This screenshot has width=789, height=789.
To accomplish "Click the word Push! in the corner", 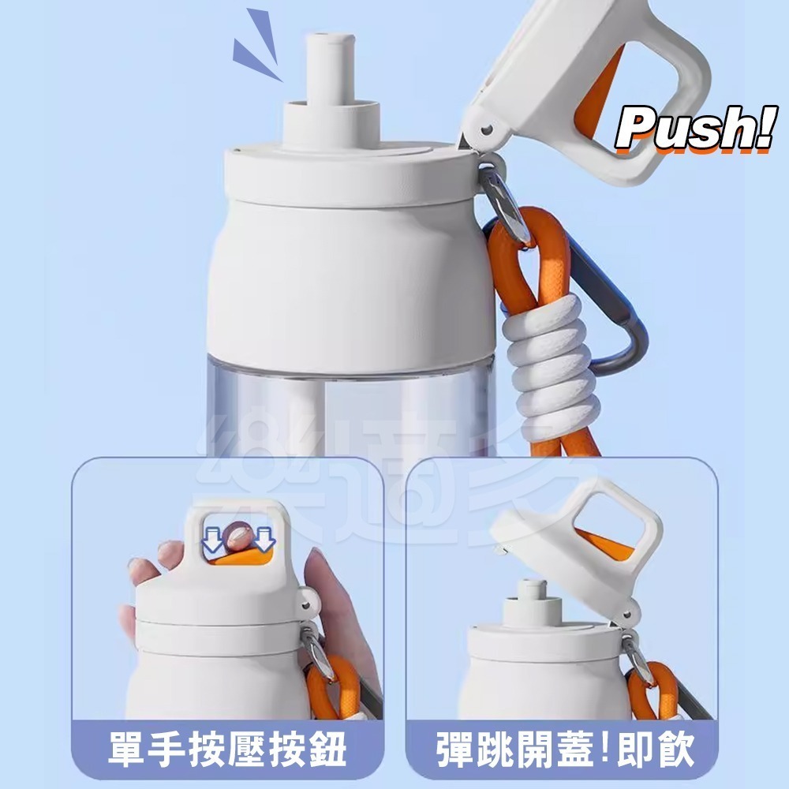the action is [x=695, y=129].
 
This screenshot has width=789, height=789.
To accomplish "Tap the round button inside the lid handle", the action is [x=237, y=537].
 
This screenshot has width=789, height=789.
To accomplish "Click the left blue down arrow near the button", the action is [x=212, y=540].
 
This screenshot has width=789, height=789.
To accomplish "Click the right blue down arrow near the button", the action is [x=264, y=540].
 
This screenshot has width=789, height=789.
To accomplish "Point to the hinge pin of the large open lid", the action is [x=487, y=130].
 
